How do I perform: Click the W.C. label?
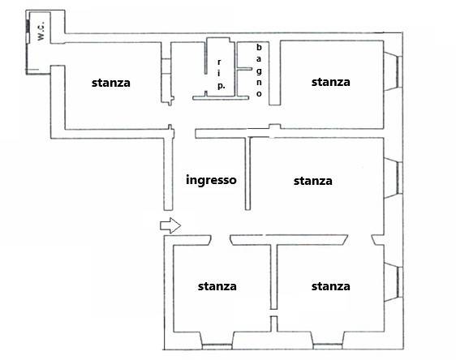pyautogui.click(x=41, y=31)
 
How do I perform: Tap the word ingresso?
pyautogui.click(x=211, y=180)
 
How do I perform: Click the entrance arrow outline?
pyautogui.click(x=170, y=225)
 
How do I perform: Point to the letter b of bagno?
pyautogui.click(x=259, y=47)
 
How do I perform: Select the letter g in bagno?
pyautogui.click(x=259, y=71)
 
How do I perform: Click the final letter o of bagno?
pyautogui.click(x=259, y=94)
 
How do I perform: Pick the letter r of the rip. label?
pyautogui.click(x=219, y=62)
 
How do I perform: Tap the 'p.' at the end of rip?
pyautogui.click(x=221, y=86)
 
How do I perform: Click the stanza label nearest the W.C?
pyautogui.click(x=111, y=83)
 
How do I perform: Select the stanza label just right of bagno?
pyautogui.click(x=331, y=82)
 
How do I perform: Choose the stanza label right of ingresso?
pyautogui.click(x=313, y=181)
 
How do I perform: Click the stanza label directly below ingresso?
pyautogui.click(x=217, y=286)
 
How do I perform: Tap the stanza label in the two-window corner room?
pyautogui.click(x=331, y=286)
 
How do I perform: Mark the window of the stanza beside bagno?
pyautogui.click(x=399, y=71)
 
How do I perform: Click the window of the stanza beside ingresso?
pyautogui.click(x=399, y=178)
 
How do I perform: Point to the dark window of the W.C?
pyautogui.click(x=28, y=26)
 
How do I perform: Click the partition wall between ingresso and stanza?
pyautogui.click(x=247, y=174)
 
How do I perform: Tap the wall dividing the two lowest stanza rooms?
pyautogui.click(x=273, y=277)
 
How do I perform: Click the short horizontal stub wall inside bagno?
pyautogui.click(x=244, y=69)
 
